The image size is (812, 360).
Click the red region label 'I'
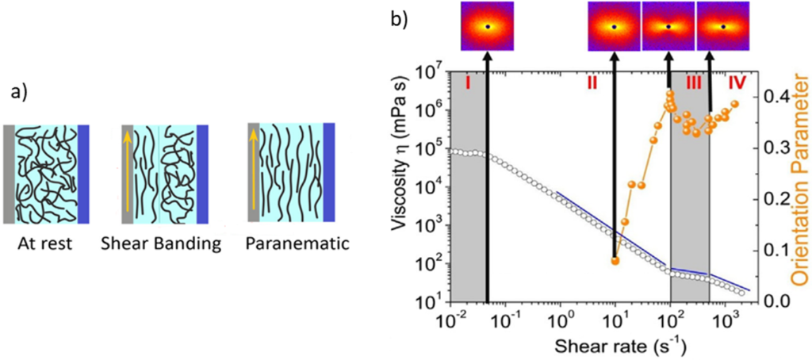[469, 81]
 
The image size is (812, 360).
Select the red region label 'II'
[592, 81]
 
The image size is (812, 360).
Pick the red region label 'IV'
[737, 81]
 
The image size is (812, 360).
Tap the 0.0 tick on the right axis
[772, 301]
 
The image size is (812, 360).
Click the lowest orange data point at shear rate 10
[615, 260]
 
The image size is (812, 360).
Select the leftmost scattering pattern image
[487, 26]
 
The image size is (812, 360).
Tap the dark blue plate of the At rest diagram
[83, 174]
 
